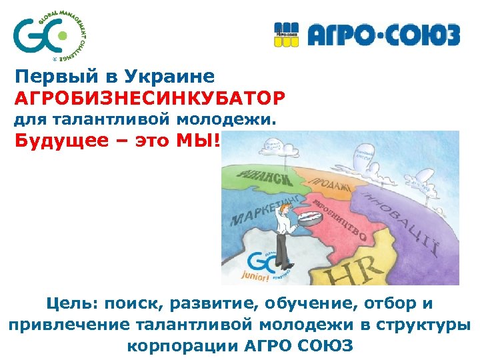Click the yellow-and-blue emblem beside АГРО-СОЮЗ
(289, 35)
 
